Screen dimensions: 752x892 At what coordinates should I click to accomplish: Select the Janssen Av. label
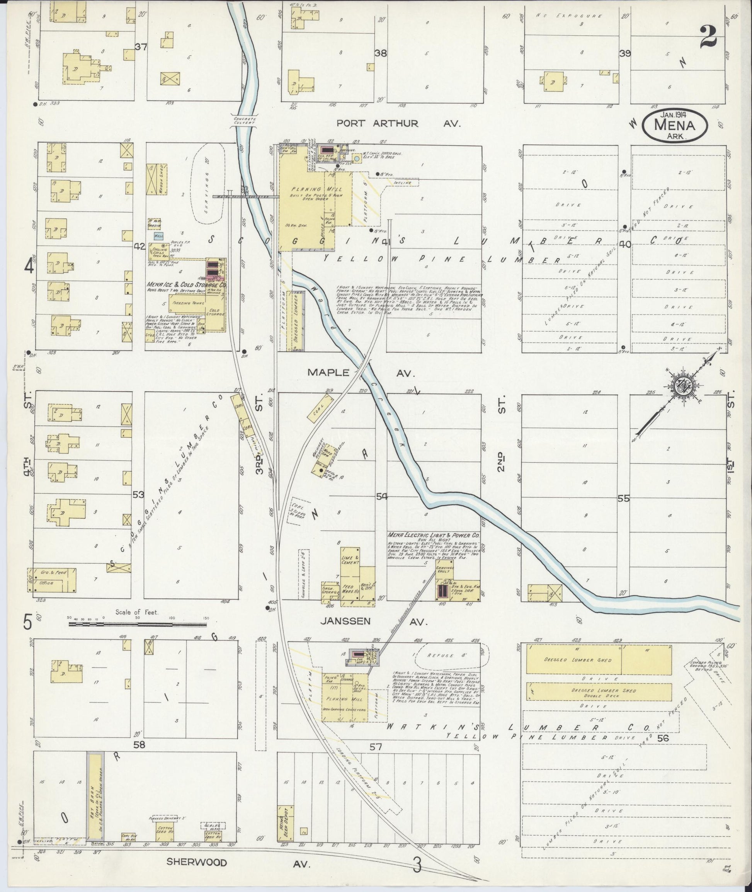tap(373, 622)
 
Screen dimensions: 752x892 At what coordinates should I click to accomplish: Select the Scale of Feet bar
tap(137, 624)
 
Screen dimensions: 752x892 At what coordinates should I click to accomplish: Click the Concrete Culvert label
tap(244, 120)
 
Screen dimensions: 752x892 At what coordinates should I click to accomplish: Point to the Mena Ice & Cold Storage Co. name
tap(186, 285)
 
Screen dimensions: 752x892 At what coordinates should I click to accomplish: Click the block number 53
tap(139, 495)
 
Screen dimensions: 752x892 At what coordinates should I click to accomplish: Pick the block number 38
tap(381, 53)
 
